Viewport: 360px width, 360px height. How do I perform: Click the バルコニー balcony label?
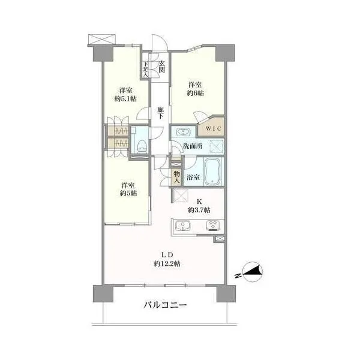coord(165,305)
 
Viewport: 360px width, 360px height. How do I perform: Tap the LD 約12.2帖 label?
coord(167,259)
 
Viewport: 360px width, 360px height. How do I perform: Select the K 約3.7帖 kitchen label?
coord(199,206)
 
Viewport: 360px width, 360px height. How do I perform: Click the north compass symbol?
coord(250,272)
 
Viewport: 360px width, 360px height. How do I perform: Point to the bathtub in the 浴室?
coord(212,171)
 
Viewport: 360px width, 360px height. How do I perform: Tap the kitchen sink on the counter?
coord(182,226)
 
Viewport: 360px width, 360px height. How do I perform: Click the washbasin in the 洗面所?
coord(183,132)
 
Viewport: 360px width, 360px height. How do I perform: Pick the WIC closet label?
coord(213,128)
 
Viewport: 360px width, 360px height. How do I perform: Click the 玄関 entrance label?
coord(162,67)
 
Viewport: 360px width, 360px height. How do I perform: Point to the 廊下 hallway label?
coord(160,113)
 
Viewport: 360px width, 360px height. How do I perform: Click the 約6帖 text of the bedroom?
coord(196,93)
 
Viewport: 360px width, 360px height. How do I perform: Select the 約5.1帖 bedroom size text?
coord(125,99)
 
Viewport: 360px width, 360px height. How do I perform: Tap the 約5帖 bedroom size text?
coord(128,193)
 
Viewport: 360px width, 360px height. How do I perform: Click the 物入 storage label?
coord(176,177)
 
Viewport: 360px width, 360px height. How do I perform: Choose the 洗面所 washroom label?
coord(193,146)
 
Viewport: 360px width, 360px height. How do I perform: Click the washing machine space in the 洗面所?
coord(217,146)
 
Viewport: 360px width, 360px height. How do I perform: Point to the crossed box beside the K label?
coord(181,196)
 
